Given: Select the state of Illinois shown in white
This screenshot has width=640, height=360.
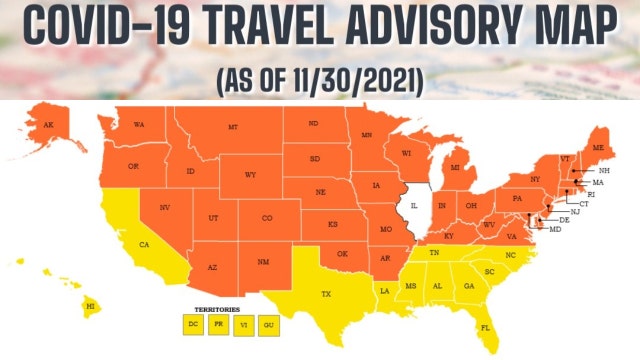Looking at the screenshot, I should pyautogui.click(x=415, y=210).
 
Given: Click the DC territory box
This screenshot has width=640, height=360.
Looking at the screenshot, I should pyautogui.click(x=193, y=324).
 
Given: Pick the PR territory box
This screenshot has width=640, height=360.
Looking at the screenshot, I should pyautogui.click(x=218, y=324).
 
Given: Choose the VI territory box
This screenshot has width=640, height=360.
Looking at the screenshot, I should pyautogui.click(x=243, y=324).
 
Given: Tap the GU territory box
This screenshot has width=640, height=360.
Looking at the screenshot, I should pyautogui.click(x=267, y=324).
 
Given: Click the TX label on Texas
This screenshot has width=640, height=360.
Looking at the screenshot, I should pyautogui.click(x=325, y=294).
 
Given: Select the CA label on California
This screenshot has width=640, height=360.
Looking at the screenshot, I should pyautogui.click(x=144, y=244).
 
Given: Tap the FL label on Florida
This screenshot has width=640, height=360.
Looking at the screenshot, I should pyautogui.click(x=485, y=328).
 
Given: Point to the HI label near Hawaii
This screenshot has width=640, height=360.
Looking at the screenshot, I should pyautogui.click(x=89, y=306).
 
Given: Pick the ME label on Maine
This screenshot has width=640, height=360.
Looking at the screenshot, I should pyautogui.click(x=598, y=147).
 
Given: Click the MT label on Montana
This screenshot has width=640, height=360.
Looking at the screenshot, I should pyautogui.click(x=233, y=127).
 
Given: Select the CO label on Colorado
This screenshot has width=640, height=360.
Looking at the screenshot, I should pyautogui.click(x=267, y=218).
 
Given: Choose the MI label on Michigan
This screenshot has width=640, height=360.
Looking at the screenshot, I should pyautogui.click(x=455, y=168).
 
